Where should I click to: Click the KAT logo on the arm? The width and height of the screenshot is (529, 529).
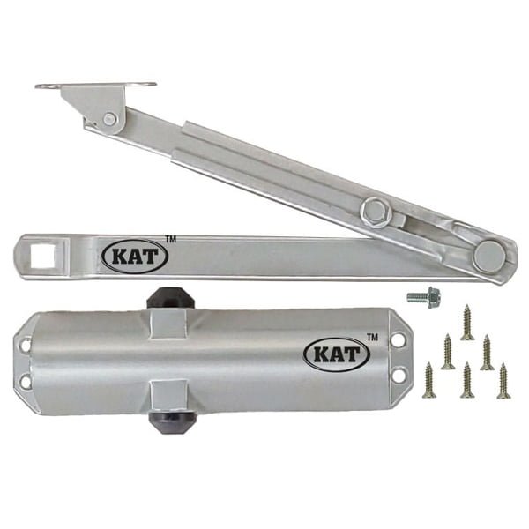pyautogui.click(x=135, y=257)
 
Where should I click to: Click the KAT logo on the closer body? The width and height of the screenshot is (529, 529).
pyautogui.click(x=337, y=354)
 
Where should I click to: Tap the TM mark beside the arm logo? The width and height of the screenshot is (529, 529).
pyautogui.click(x=171, y=240)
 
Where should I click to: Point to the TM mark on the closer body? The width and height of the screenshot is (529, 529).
pyautogui.click(x=372, y=338)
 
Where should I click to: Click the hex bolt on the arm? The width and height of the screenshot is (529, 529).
pyautogui.click(x=375, y=213)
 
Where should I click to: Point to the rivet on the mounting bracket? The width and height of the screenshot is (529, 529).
pyautogui.click(x=109, y=118)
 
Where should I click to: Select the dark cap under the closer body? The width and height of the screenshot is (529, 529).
pyautogui.click(x=172, y=422)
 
